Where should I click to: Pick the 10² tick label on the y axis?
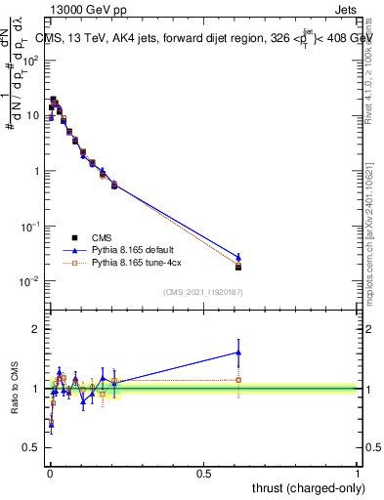31,61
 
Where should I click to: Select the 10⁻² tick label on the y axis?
31,281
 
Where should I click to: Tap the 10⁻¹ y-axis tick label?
31,226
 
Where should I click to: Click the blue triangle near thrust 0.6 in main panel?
238,256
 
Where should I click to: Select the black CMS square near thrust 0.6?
238,267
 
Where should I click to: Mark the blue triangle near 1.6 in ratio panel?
238,353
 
